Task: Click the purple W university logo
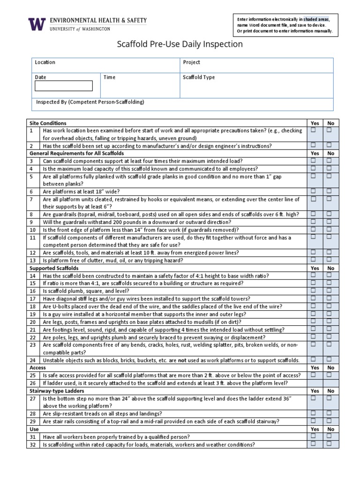point(37,24)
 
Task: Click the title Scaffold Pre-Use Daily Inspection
point(180,45)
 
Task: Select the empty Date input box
point(63,86)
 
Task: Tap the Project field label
point(191,62)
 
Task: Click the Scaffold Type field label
point(199,77)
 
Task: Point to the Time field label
point(109,77)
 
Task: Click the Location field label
point(45,62)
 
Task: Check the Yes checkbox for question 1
point(313,130)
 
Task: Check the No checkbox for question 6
point(329,191)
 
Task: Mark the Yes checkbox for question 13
point(313,260)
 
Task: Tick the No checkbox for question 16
point(329,291)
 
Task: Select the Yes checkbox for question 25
point(313,375)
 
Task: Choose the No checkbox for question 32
point(329,444)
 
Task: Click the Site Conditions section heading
point(48,123)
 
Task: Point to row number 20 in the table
point(33,322)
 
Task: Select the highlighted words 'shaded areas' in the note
point(316,19)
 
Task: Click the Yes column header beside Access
point(315,368)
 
